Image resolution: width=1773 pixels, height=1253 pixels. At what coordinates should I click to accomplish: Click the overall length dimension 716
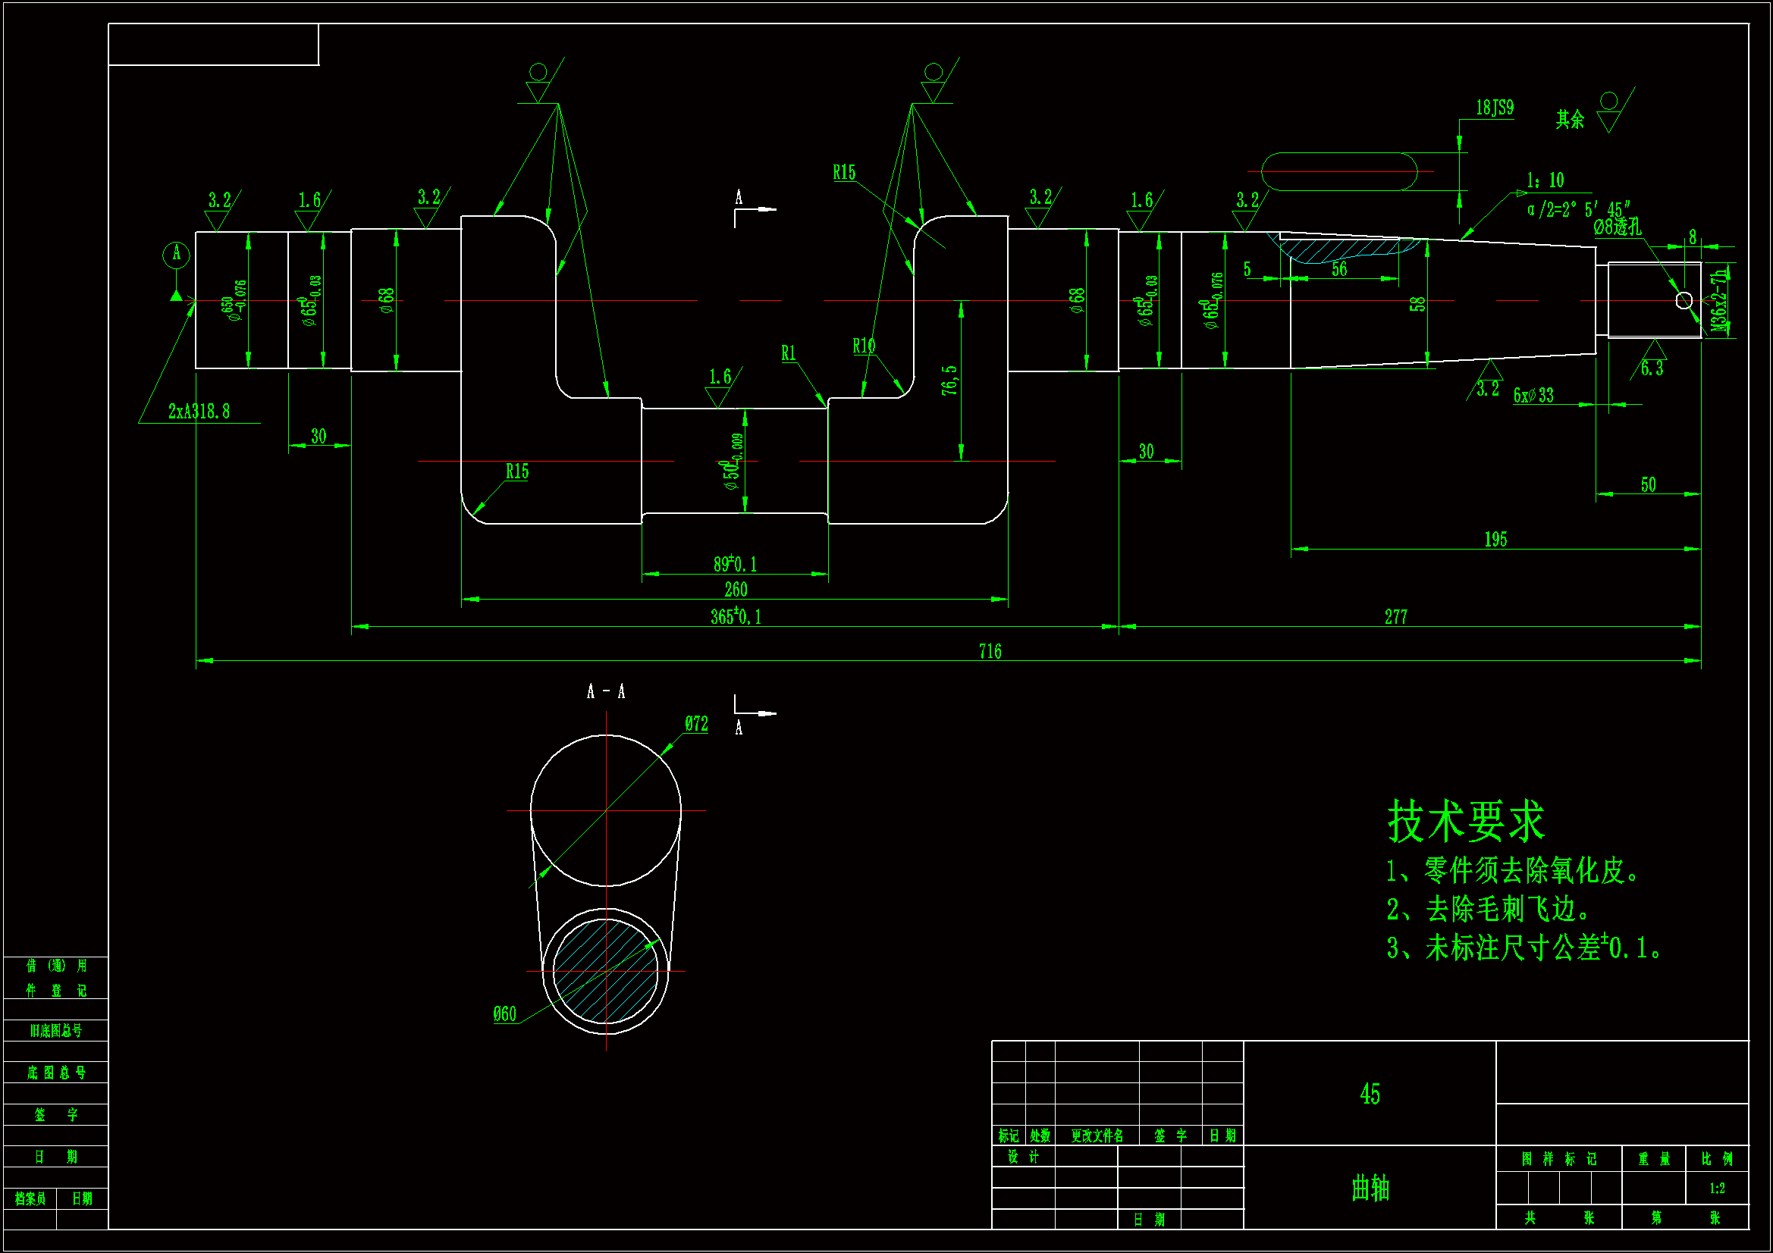[x=989, y=652]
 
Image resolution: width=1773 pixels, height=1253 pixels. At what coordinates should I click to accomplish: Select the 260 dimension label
[x=735, y=590]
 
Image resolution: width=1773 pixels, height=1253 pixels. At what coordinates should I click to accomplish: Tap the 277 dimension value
[x=1395, y=617]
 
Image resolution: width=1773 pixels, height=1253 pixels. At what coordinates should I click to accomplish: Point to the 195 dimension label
[x=1495, y=540]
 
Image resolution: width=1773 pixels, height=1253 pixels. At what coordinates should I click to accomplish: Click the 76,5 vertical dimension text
[x=949, y=381]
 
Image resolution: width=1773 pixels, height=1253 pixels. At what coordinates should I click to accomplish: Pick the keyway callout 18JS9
[x=1494, y=108]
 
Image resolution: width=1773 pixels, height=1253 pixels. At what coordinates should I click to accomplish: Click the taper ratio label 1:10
[x=1545, y=180]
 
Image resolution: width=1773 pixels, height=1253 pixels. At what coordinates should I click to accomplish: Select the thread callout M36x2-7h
[x=1719, y=301]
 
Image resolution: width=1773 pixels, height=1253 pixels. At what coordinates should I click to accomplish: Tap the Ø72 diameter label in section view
[x=695, y=723]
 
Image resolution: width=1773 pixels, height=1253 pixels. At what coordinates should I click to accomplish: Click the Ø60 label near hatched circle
[x=504, y=1013]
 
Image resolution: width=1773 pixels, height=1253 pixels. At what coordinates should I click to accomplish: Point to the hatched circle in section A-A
[x=605, y=970]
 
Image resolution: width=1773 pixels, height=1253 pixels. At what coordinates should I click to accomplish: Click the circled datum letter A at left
[x=176, y=253]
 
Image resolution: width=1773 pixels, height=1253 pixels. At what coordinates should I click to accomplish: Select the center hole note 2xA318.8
[x=199, y=412]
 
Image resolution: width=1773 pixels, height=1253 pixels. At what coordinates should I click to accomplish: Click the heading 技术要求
[x=1465, y=821]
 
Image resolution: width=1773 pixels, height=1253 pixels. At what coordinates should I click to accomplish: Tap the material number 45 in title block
[x=1369, y=1094]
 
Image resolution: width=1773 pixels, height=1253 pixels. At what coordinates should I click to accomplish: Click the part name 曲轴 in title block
[x=1370, y=1187]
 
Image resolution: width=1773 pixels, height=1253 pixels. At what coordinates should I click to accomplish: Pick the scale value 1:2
[x=1717, y=1188]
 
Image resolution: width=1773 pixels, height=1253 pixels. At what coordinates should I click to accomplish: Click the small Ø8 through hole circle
[x=1684, y=300]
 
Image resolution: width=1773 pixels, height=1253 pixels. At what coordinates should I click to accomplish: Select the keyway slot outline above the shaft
[x=1339, y=171]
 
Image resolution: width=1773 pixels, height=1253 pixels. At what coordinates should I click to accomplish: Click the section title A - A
[x=605, y=692]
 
